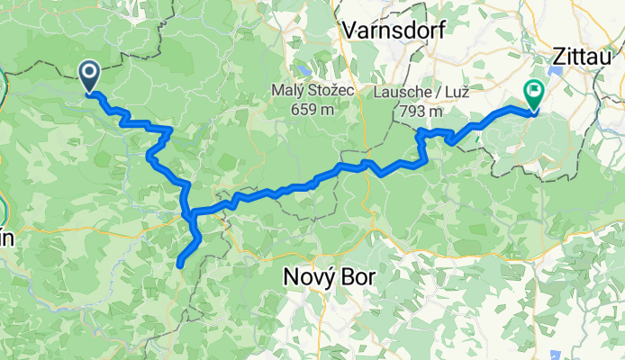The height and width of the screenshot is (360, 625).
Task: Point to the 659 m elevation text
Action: coord(303,112)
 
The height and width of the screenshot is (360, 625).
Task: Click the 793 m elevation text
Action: coord(422,112)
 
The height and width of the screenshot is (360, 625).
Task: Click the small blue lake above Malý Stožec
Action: coord(303,69)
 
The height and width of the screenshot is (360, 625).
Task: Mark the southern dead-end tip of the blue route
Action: coord(179,265)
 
